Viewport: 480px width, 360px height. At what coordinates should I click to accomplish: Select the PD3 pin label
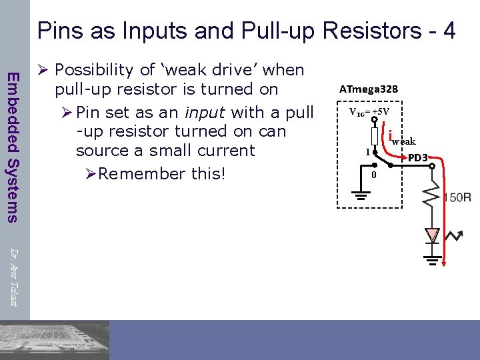[x=417, y=158]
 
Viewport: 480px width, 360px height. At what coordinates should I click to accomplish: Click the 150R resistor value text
[x=458, y=198]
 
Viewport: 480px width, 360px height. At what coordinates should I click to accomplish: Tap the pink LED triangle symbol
[x=433, y=235]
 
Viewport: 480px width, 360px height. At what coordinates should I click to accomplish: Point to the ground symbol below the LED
[x=433, y=261]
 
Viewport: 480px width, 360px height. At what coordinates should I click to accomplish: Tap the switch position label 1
[x=367, y=152]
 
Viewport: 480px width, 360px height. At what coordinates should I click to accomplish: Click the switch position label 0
[x=374, y=175]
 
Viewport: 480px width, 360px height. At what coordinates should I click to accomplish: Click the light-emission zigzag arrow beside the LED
[x=455, y=235]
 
